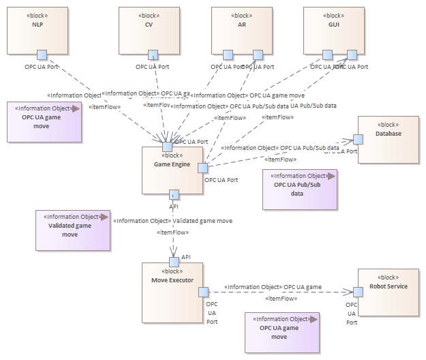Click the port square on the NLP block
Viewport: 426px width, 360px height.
pyautogui.click(x=42, y=55)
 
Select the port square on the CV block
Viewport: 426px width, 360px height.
pyautogui.click(x=153, y=55)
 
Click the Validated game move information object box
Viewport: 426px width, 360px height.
pyautogui.click(x=72, y=230)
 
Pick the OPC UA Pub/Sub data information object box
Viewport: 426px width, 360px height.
pyautogui.click(x=300, y=189)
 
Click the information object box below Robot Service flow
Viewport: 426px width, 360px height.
pyautogui.click(x=282, y=332)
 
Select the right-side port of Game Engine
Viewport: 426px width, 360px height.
pyautogui.click(x=202, y=167)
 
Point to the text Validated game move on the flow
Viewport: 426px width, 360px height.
pyautogui.click(x=202, y=221)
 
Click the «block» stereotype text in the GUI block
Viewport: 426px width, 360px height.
pyautogui.click(x=333, y=16)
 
